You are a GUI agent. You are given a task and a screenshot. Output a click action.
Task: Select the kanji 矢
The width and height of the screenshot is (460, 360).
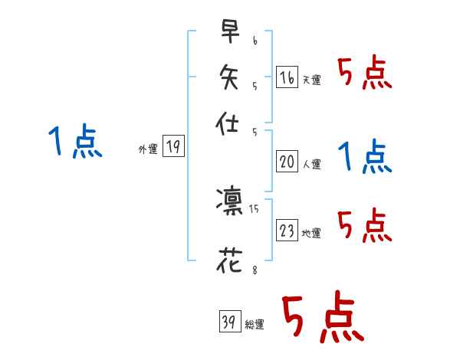228,77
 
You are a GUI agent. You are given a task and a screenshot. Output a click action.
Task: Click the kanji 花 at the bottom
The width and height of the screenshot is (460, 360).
228,261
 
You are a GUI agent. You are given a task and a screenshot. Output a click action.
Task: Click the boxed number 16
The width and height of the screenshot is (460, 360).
287,77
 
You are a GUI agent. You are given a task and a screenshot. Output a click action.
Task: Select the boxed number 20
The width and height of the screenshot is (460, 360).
287,161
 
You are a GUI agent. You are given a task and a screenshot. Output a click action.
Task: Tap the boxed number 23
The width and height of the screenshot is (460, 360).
287,231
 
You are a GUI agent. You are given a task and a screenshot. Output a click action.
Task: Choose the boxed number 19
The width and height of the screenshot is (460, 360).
173,147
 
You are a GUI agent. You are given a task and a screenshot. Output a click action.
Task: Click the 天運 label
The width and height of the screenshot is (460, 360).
311,80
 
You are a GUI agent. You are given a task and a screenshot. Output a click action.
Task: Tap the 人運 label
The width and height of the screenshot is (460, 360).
311,164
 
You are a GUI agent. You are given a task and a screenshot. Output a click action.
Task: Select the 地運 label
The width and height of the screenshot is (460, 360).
311,234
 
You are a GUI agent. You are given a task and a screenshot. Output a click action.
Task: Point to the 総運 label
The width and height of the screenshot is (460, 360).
255,325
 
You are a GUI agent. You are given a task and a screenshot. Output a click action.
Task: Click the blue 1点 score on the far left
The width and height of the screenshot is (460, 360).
75,142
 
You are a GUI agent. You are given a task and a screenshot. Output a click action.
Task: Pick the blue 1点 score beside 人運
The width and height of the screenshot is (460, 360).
365,157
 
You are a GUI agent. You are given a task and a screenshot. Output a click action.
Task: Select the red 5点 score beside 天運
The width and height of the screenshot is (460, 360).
365,74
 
